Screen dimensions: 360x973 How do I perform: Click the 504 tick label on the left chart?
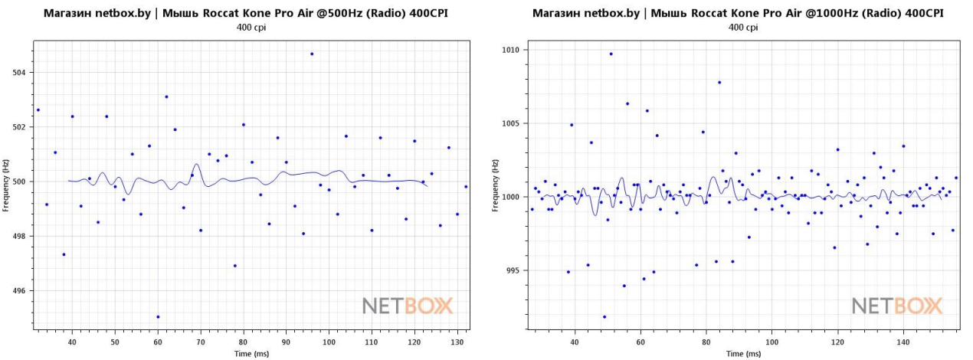(19, 73)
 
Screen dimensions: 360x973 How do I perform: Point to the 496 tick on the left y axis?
(19, 291)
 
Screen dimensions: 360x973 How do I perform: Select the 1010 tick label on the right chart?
(509, 51)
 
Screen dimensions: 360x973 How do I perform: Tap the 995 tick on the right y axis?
(511, 270)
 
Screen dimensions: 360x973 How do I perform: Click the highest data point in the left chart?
(312, 54)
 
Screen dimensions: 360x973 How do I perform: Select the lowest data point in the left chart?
(158, 316)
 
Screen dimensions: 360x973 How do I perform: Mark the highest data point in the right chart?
(611, 54)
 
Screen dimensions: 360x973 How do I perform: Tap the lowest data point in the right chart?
(604, 316)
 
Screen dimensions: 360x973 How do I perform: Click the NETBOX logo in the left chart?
(408, 306)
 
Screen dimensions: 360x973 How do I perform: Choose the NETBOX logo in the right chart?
(897, 306)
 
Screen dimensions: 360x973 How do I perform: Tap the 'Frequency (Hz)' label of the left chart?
(6, 182)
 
